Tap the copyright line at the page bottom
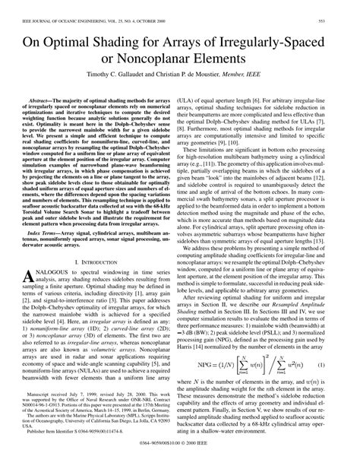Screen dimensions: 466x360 point(179,461)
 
